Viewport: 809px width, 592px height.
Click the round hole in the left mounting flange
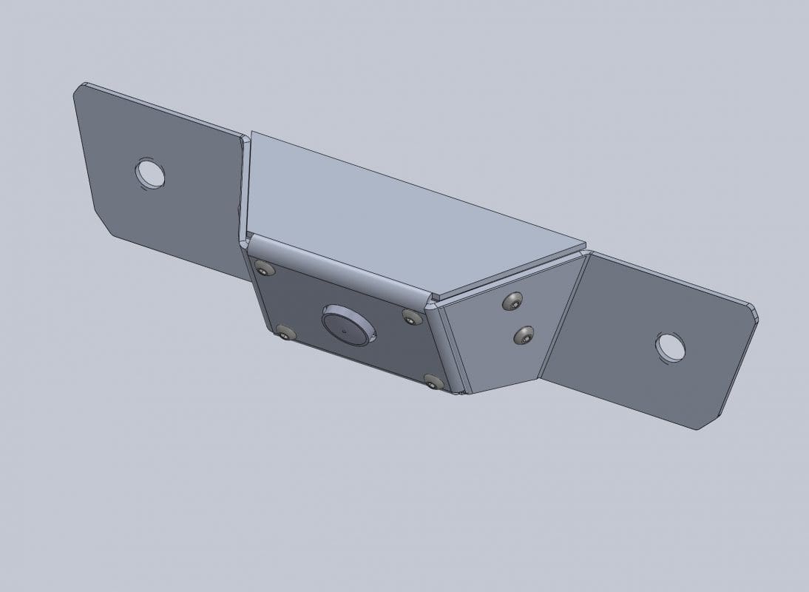[x=149, y=173]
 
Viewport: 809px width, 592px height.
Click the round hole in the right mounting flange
[x=670, y=347]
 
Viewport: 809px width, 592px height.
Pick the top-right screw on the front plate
[x=412, y=317]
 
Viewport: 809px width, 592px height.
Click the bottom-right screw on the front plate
[x=433, y=382]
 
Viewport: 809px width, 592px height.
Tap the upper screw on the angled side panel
[x=512, y=301]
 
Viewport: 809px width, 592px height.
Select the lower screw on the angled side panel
[x=524, y=336]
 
